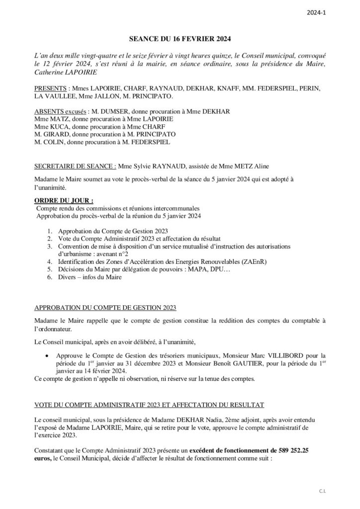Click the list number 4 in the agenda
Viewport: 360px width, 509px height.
50,261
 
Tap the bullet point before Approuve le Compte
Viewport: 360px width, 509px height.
47,356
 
